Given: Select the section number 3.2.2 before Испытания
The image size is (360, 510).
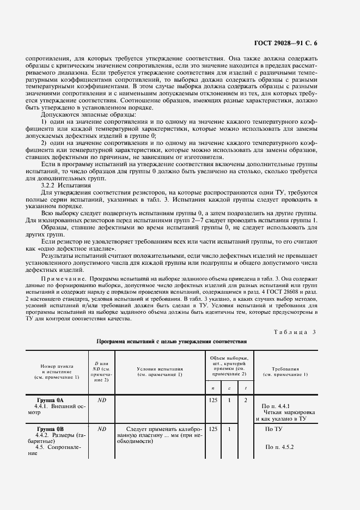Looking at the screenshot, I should pyautogui.click(x=50, y=185).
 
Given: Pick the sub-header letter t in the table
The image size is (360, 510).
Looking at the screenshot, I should pyautogui.click(x=246, y=387).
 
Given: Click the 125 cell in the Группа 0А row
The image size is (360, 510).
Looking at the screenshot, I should pyautogui.click(x=213, y=400).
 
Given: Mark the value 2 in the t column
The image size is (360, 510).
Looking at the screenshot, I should pyautogui.click(x=246, y=400).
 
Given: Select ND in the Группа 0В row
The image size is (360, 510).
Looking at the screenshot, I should pyautogui.click(x=101, y=429).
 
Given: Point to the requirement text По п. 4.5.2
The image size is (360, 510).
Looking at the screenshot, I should pyautogui.click(x=279, y=447).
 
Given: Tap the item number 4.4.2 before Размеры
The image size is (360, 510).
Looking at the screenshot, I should pyautogui.click(x=45, y=435).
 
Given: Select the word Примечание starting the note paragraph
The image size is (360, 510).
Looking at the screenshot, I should pyautogui.click(x=60, y=277).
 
